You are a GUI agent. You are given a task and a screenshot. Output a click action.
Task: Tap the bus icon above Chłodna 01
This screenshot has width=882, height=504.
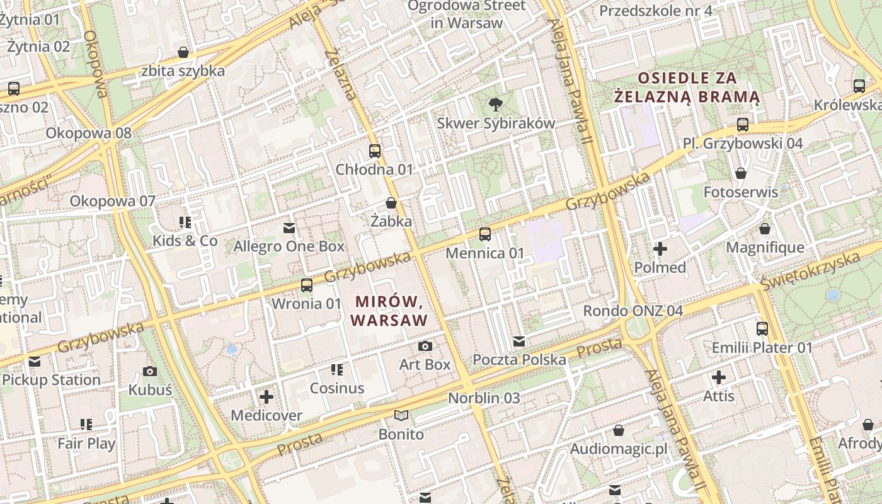pyautogui.click(x=375, y=151)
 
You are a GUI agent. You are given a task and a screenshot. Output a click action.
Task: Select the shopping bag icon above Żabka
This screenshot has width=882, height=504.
pyautogui.click(x=391, y=203)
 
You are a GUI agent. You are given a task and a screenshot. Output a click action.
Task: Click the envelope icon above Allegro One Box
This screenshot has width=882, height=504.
pyautogui.click(x=289, y=227)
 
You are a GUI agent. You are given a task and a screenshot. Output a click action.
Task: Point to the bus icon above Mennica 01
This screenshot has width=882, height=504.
pyautogui.click(x=484, y=234)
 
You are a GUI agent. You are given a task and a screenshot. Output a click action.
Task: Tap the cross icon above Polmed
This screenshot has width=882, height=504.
pyautogui.click(x=660, y=249)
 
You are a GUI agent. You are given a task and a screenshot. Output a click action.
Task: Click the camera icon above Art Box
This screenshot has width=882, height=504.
pyautogui.click(x=425, y=346)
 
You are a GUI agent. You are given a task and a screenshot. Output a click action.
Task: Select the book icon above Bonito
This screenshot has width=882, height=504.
pyautogui.click(x=401, y=415)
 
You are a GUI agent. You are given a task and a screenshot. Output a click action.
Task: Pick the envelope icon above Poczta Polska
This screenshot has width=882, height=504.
pyautogui.click(x=519, y=341)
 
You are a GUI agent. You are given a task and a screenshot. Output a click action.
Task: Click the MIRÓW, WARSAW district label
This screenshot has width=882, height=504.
pyautogui.click(x=389, y=311)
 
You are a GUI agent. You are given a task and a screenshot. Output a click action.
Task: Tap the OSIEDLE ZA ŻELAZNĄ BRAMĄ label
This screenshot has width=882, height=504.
pyautogui.click(x=687, y=88)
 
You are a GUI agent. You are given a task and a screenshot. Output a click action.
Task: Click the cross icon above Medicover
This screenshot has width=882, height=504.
pyautogui.click(x=266, y=397)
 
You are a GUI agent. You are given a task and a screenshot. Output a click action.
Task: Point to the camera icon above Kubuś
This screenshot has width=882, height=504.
pyautogui.click(x=150, y=371)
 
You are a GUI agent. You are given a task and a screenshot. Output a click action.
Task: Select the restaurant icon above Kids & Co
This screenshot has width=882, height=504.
pyautogui.click(x=185, y=222)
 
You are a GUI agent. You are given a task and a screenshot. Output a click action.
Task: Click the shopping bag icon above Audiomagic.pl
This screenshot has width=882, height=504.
pyautogui.click(x=619, y=430)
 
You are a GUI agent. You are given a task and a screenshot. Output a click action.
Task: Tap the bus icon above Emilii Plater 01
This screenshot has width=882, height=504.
pyautogui.click(x=762, y=328)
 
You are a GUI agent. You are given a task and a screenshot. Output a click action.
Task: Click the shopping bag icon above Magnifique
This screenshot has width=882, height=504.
pyautogui.click(x=765, y=229)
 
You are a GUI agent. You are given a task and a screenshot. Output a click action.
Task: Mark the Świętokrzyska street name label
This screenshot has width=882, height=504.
pyautogui.click(x=810, y=270)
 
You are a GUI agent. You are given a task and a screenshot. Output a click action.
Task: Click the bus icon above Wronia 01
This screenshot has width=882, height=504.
pyautogui.click(x=307, y=285)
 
